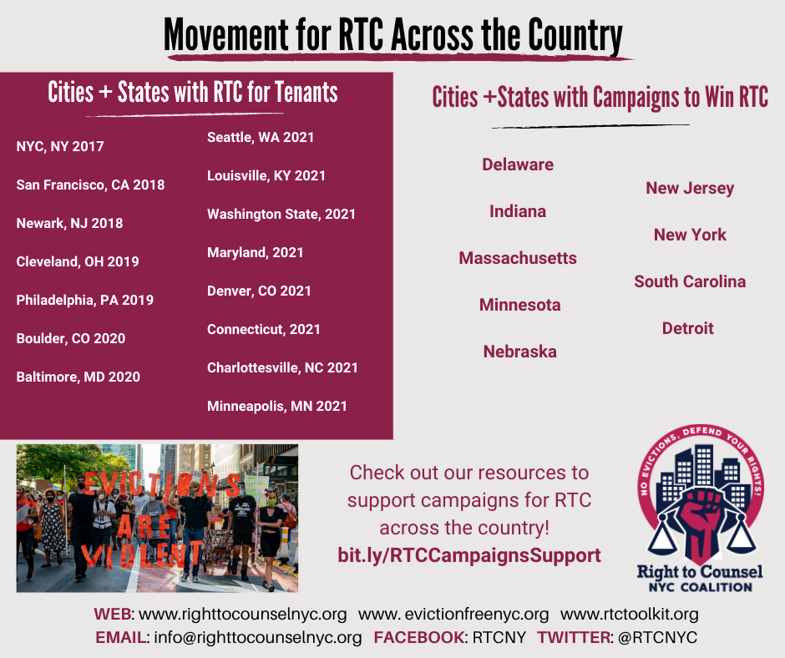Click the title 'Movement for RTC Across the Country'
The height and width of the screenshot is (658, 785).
click(x=392, y=35)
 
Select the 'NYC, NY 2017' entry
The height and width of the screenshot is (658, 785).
click(x=60, y=147)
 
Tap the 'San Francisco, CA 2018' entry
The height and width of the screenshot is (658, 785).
click(x=90, y=185)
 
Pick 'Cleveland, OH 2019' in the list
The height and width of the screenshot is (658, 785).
click(x=78, y=262)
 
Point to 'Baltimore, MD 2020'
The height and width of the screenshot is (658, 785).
click(x=78, y=377)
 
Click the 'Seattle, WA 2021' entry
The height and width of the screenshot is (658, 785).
click(x=261, y=138)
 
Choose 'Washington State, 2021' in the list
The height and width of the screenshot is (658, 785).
click(x=281, y=215)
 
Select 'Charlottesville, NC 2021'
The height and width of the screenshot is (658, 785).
click(x=282, y=368)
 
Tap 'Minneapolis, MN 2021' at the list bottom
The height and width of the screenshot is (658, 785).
click(x=277, y=407)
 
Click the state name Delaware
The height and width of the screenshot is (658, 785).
click(x=518, y=165)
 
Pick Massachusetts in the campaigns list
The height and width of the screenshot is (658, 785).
click(x=518, y=259)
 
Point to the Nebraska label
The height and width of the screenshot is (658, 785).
click(x=519, y=352)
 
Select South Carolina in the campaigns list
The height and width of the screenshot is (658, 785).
click(x=690, y=282)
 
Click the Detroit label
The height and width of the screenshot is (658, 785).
click(x=688, y=329)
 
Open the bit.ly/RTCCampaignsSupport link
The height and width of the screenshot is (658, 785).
click(x=469, y=555)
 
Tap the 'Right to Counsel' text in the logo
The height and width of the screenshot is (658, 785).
click(x=700, y=572)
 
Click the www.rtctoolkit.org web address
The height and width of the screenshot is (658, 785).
click(x=630, y=615)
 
